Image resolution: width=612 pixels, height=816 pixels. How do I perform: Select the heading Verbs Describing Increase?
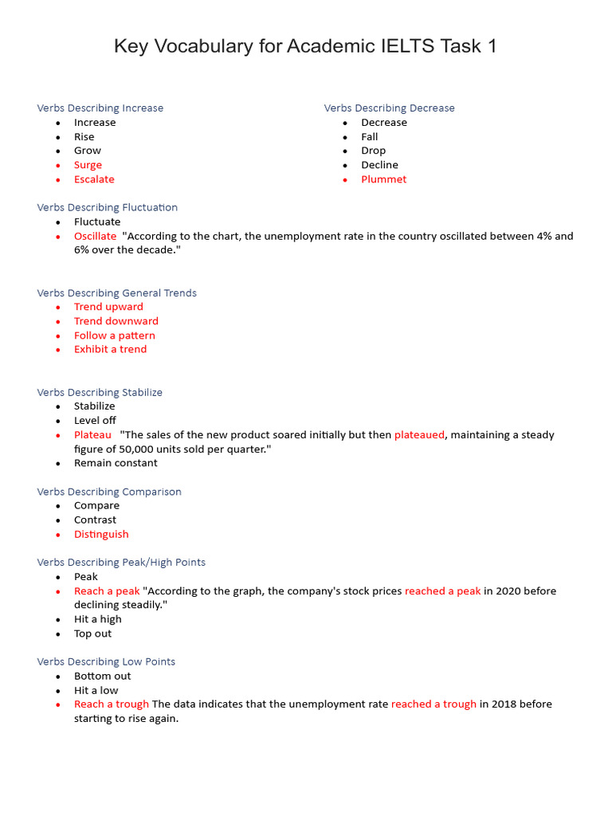[x=100, y=108]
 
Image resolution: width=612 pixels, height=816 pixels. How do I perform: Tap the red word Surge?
[x=88, y=165]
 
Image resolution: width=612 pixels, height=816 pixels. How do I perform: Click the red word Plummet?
[x=383, y=179]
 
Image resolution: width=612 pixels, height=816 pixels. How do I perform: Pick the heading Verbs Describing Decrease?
[x=389, y=108]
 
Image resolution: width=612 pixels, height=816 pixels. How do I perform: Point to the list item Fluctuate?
[x=97, y=222]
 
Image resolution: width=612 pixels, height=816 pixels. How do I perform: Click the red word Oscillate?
[x=95, y=236]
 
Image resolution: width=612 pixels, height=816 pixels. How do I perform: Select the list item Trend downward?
[x=116, y=321]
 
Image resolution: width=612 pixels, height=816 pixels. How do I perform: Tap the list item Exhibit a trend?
[x=110, y=349]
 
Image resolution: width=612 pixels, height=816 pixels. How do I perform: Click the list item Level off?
[x=95, y=420]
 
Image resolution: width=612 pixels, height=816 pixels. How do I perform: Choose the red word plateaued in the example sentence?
[x=419, y=434]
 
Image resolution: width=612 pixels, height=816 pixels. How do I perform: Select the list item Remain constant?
[x=116, y=463]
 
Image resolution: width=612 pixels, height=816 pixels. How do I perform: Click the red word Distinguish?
[x=101, y=534]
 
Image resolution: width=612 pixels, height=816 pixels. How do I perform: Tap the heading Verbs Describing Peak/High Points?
[x=121, y=562]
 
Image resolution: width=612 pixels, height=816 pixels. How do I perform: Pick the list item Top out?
[x=92, y=634]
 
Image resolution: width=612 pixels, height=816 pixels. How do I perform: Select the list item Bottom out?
[x=102, y=676]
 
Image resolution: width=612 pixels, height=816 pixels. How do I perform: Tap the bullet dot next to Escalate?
[x=58, y=179]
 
